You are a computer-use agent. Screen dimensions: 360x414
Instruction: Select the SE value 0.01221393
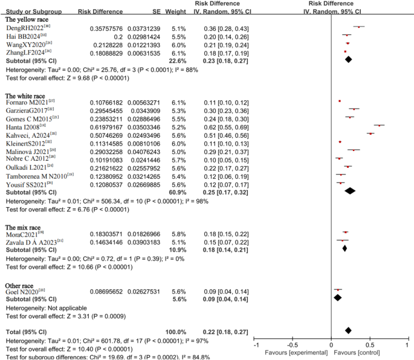[144, 45]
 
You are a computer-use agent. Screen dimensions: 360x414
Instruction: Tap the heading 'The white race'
[28, 95]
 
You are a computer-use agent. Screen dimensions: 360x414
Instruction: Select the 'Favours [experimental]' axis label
[297, 352]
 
